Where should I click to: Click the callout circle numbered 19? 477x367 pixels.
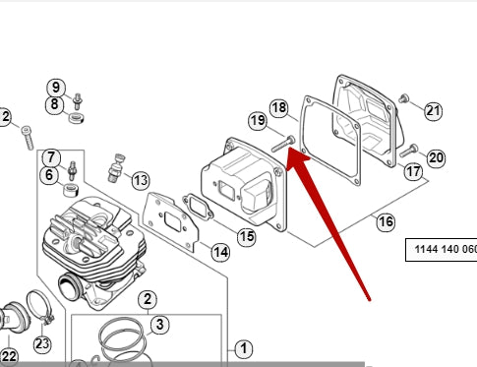258,121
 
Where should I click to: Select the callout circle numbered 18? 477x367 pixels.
279,107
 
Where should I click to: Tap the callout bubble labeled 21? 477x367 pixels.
433,111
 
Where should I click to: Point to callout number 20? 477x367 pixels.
436,158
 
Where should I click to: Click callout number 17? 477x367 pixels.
413,171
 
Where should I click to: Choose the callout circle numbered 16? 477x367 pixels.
386,222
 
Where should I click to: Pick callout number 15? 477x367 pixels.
247,236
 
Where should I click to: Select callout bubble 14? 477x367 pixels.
220,252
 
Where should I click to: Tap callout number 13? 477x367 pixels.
141,180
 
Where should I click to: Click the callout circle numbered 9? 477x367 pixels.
56,88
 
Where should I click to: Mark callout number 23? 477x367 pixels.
42,344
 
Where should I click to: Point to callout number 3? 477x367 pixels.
159,325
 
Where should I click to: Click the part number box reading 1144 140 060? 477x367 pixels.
442,250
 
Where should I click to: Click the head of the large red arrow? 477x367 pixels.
297,159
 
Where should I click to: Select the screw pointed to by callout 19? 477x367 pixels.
283,145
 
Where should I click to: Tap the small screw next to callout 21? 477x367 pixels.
404,98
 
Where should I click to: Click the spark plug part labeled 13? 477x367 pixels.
116,168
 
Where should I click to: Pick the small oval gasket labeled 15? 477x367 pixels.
198,208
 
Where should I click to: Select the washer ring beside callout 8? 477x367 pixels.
77,117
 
